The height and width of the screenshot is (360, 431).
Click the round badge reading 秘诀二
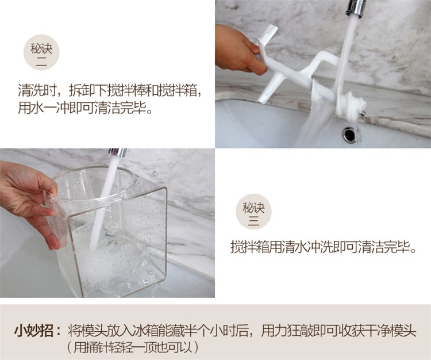tap(41, 52)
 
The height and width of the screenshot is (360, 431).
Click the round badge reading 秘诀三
tap(253, 212)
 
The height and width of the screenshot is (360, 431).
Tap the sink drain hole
tap(349, 134)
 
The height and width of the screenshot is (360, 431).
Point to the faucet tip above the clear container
tap(118, 153)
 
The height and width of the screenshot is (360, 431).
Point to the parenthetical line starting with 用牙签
tap(133, 347)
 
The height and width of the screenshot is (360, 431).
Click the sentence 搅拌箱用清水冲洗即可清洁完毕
tap(323, 247)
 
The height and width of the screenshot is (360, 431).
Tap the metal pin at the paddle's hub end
tap(363, 113)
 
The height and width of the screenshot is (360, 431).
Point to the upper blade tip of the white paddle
tap(271, 28)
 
